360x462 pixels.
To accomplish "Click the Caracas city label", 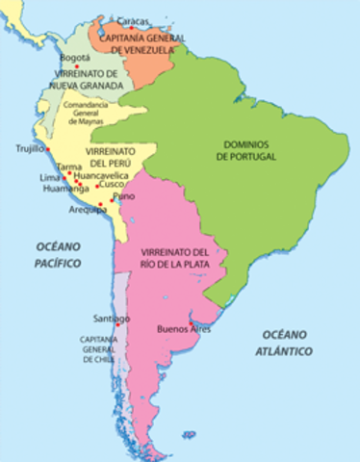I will click(132, 20).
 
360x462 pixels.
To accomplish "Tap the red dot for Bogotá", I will click(90, 65).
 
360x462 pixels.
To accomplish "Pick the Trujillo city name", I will click(30, 149).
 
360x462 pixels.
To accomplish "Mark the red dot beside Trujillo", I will click(48, 149).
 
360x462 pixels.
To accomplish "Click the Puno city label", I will click(124, 196).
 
